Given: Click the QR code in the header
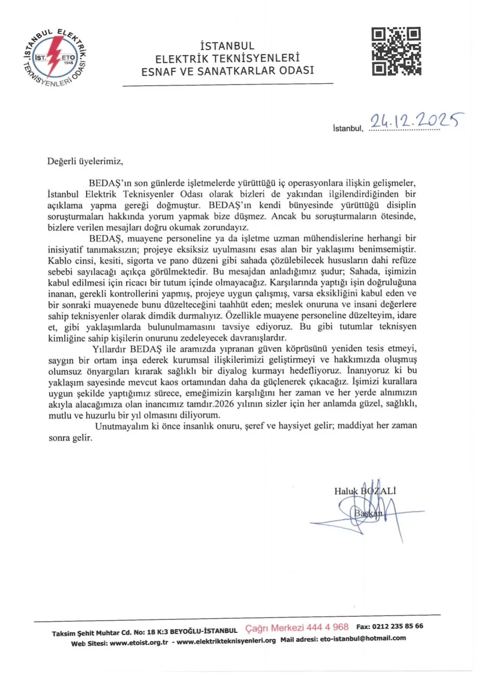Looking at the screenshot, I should pyautogui.click(x=396, y=51).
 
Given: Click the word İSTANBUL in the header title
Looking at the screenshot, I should pyautogui.click(x=228, y=47).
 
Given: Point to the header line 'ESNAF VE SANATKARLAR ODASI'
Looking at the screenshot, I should pyautogui.click(x=228, y=71).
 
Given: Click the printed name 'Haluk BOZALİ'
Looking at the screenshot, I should pyautogui.click(x=365, y=491).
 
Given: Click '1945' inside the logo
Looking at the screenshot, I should pyautogui.click(x=69, y=63).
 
